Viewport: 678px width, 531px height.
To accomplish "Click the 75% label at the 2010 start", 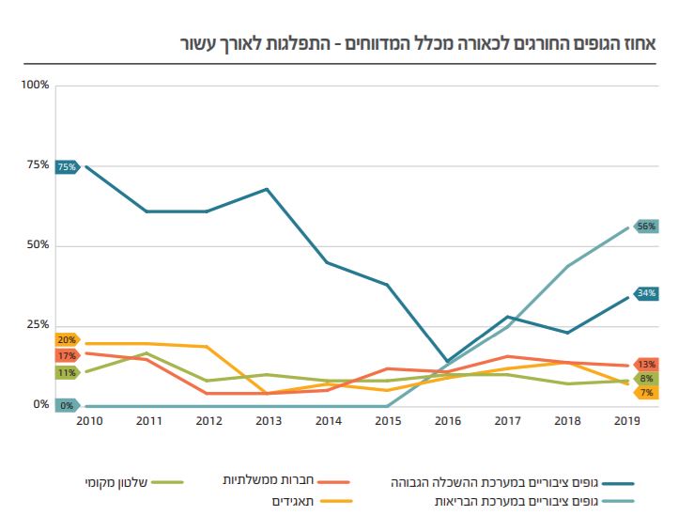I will click(x=67, y=166).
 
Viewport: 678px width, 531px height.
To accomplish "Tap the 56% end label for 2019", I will click(x=646, y=226).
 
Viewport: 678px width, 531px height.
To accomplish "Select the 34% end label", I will click(x=646, y=293).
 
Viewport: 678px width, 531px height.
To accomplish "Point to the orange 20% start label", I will click(x=67, y=339).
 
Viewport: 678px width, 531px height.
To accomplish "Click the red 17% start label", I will click(x=67, y=356).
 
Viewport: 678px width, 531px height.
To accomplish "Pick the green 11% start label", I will click(x=67, y=373).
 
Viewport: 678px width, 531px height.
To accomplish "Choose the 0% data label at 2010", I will click(x=67, y=406).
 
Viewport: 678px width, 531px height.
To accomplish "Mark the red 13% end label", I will click(x=646, y=364).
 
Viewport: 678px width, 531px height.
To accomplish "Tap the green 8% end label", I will click(x=646, y=379).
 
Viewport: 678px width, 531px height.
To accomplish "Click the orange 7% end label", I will click(x=646, y=393).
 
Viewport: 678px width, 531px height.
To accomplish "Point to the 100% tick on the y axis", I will click(x=35, y=86).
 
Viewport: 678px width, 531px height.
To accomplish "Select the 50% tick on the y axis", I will click(x=38, y=245).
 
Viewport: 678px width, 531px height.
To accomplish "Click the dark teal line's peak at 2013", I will click(x=268, y=189).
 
